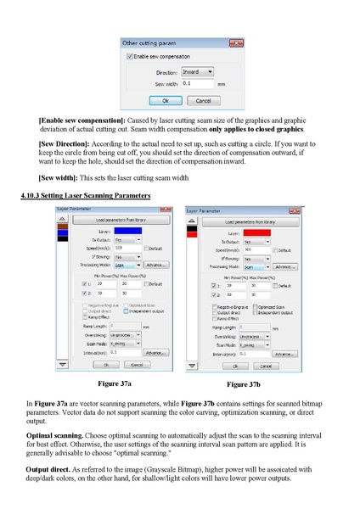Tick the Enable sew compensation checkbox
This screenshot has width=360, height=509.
pos(131,56)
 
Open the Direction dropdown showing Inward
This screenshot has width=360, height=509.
pos(198,72)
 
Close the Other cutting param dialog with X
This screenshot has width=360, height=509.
pos(237,42)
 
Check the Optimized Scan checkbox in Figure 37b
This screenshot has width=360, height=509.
pos(252,306)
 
